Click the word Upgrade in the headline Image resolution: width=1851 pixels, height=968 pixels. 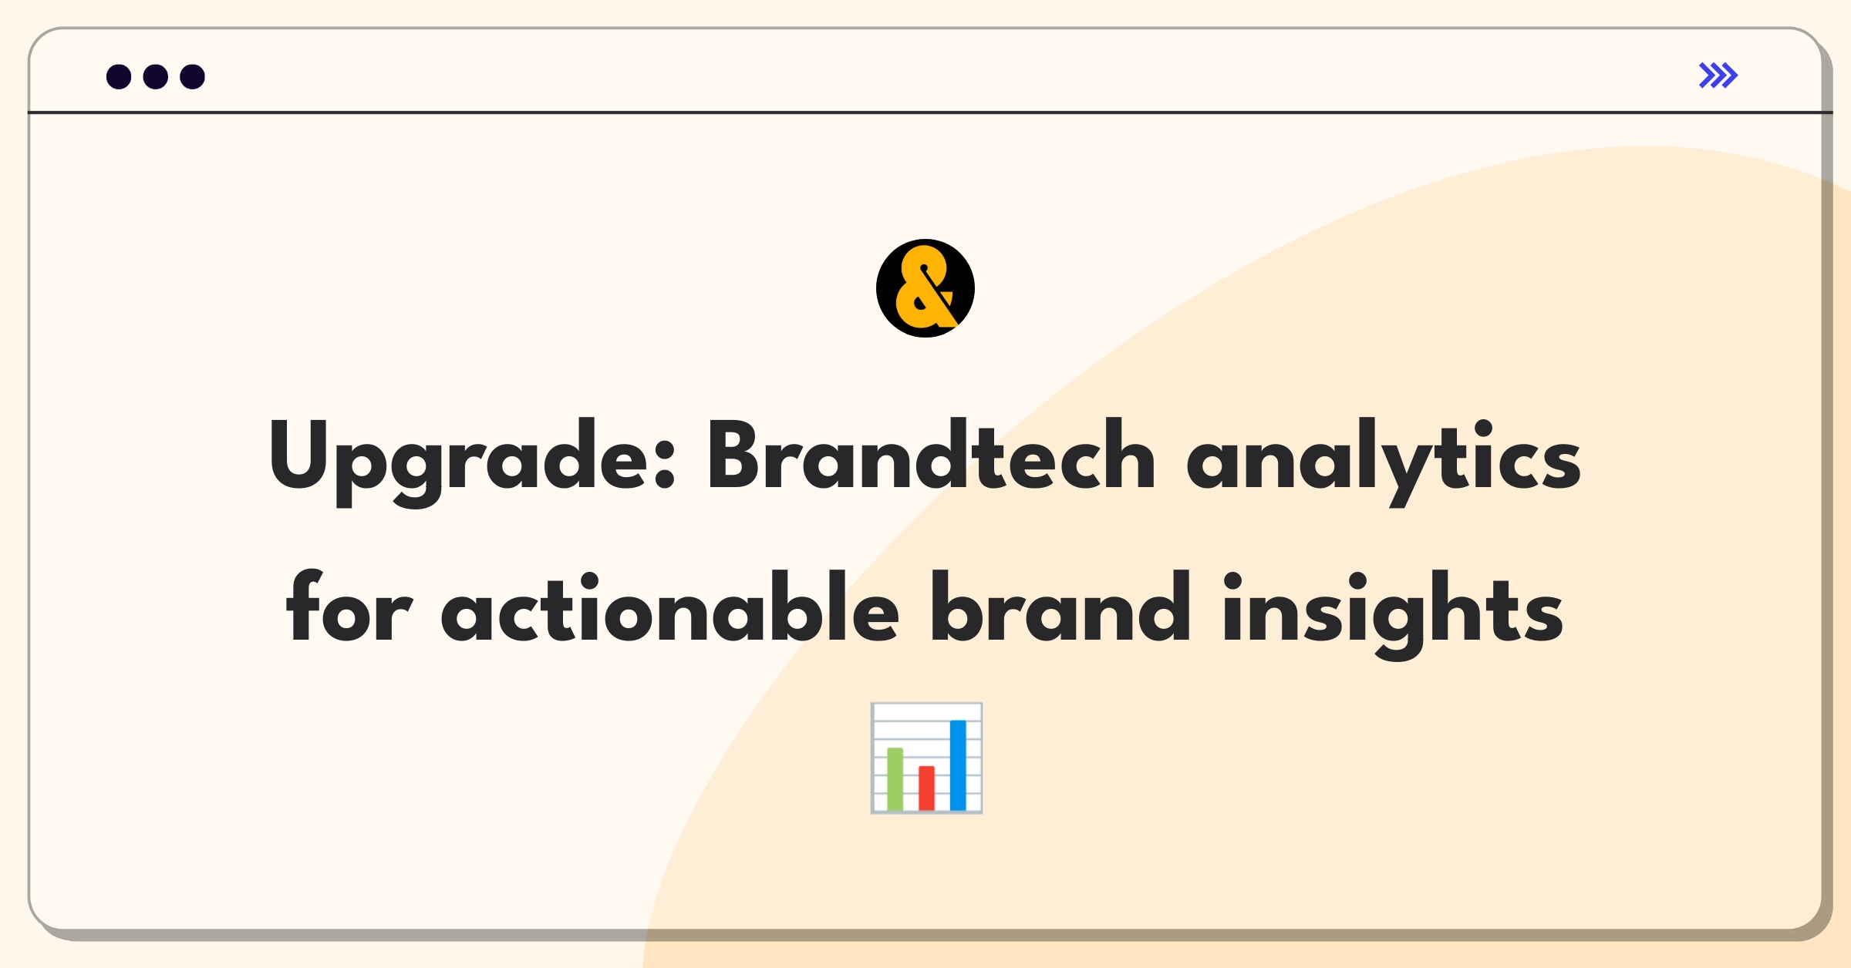click(471, 462)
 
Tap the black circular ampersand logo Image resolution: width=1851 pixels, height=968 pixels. click(925, 288)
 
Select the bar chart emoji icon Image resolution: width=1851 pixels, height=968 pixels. click(926, 758)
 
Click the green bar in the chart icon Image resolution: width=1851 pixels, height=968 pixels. click(895, 778)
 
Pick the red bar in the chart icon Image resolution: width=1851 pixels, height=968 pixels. click(926, 788)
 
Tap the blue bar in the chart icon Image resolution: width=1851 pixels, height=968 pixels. click(958, 765)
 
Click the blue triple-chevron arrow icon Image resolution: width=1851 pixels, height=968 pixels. click(1718, 76)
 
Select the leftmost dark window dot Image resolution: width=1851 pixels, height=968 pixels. click(119, 76)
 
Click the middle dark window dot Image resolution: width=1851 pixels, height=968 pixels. click(156, 76)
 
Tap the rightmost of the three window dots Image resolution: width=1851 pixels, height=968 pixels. click(193, 76)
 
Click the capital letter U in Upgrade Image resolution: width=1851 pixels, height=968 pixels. click(298, 454)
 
